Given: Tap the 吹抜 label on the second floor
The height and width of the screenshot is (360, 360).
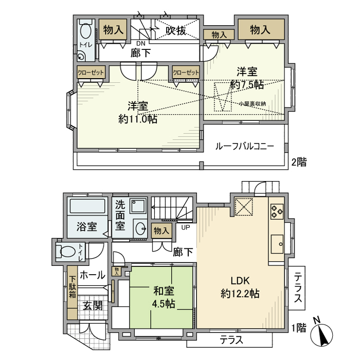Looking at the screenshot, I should [x=176, y=31].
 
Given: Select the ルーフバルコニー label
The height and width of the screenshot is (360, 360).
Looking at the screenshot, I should [x=244, y=146].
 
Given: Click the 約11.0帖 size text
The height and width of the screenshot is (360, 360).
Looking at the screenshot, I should [x=138, y=119].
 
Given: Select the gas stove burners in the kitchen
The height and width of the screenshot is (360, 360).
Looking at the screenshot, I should [x=277, y=210].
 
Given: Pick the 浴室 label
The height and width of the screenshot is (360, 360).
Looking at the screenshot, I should [x=87, y=226].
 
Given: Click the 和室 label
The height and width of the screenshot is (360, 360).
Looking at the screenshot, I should [x=163, y=291].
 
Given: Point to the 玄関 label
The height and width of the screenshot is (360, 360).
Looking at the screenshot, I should [x=93, y=305].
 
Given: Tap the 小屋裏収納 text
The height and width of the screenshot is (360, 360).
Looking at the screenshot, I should [x=252, y=104].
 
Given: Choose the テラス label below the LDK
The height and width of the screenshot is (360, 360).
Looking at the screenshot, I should [x=232, y=339].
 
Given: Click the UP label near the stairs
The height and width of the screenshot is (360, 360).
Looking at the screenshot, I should [x=184, y=227].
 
